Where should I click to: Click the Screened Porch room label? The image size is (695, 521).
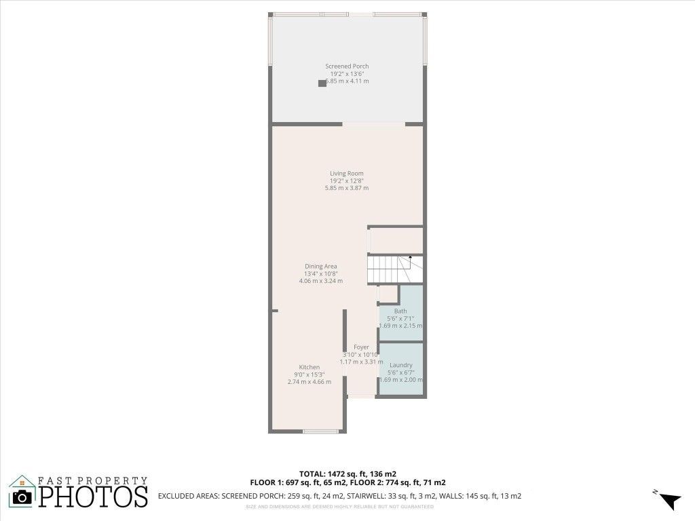tap(347, 66)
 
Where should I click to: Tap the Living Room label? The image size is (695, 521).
tap(347, 174)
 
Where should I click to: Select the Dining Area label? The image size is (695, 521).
tap(320, 267)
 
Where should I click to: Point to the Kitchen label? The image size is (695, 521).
tap(309, 367)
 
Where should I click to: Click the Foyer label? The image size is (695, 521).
tap(361, 347)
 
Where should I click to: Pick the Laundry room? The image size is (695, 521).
tap(400, 370)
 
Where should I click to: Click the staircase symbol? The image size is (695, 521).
tap(395, 269)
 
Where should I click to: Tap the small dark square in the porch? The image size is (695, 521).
tap(322, 83)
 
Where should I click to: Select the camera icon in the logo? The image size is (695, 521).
tap(23, 497)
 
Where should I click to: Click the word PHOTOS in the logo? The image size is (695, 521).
tap(93, 496)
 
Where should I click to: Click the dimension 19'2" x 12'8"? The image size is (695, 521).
tap(347, 181)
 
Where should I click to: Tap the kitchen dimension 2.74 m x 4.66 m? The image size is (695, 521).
tap(309, 382)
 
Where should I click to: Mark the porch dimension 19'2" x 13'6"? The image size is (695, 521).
tap(347, 73)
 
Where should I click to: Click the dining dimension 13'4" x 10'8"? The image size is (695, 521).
tap(320, 273)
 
